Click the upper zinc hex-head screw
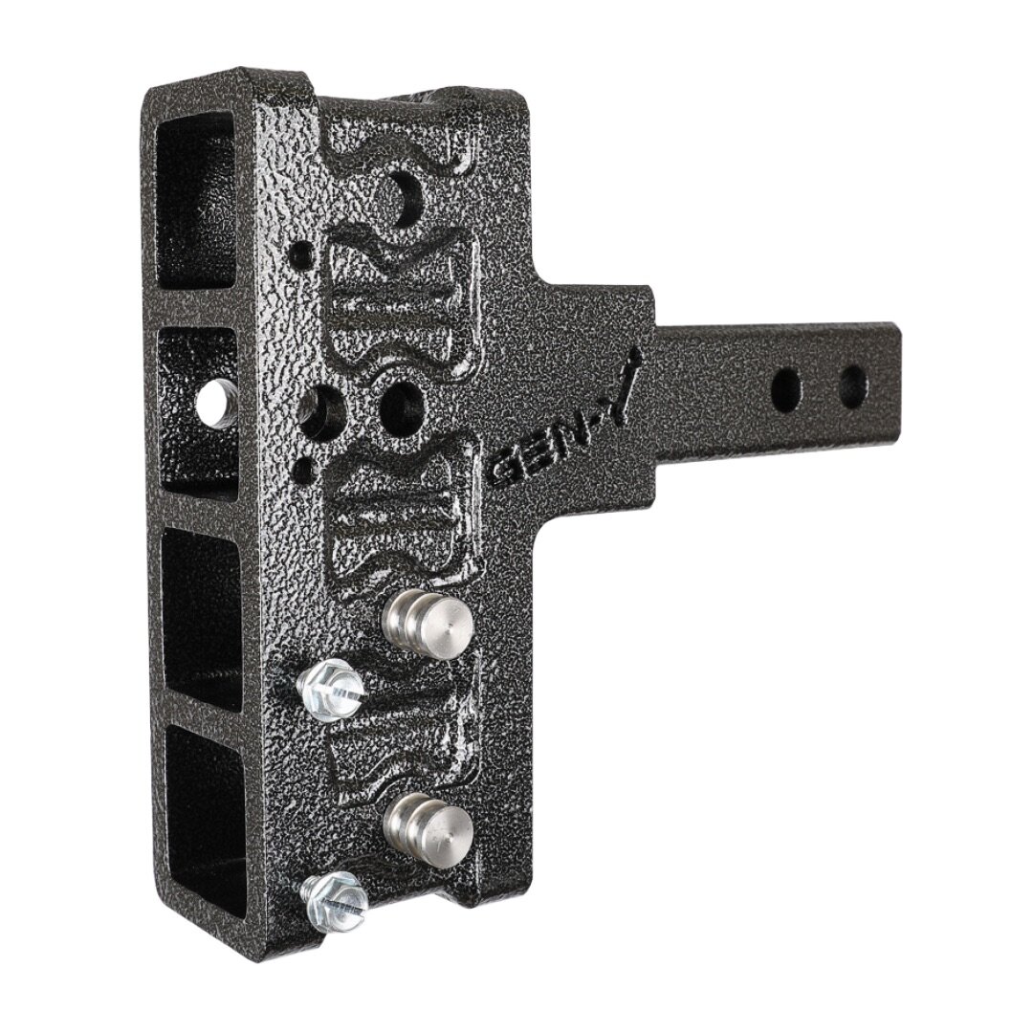click(329, 689)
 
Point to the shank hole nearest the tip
click(853, 382)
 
